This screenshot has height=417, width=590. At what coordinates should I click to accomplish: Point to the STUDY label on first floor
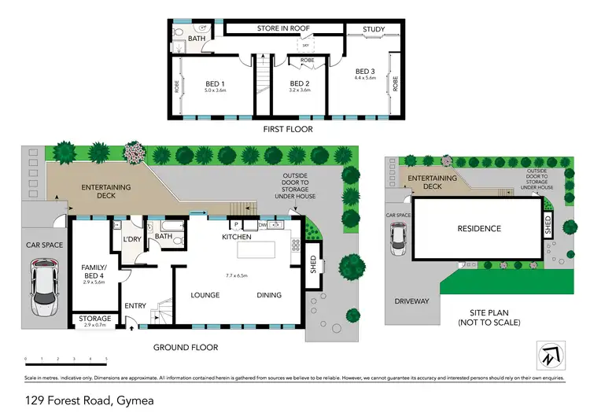pos(374,30)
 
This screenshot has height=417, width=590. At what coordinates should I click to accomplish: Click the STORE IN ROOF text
pos(283,28)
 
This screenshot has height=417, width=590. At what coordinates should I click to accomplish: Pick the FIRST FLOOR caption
pos(287,129)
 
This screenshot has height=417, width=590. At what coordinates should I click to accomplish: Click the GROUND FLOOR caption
pos(186,347)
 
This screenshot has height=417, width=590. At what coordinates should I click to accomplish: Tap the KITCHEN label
pos(236,236)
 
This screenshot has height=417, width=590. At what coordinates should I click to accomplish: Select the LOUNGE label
pos(205,295)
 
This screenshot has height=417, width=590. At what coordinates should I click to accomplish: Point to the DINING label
pos(269,295)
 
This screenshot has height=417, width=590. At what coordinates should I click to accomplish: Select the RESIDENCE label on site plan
pos(479,229)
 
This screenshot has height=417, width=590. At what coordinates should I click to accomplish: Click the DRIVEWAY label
pos(411,301)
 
